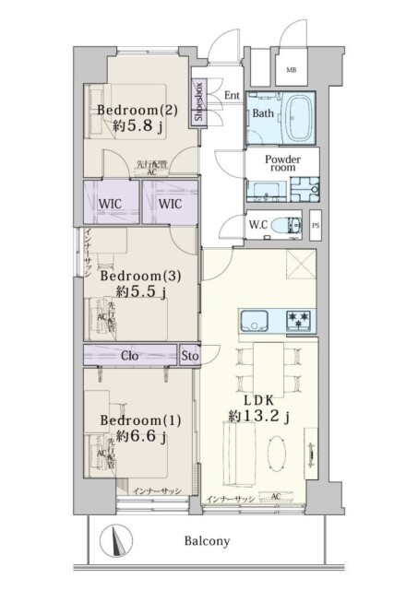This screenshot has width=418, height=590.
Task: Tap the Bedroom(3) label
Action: (x=131, y=275)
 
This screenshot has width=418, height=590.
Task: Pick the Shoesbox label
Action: (x=200, y=102)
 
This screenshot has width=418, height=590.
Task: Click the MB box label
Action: (x=291, y=70)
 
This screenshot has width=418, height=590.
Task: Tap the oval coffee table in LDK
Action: (x=280, y=454)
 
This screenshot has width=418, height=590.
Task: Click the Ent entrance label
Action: (x=231, y=95)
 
